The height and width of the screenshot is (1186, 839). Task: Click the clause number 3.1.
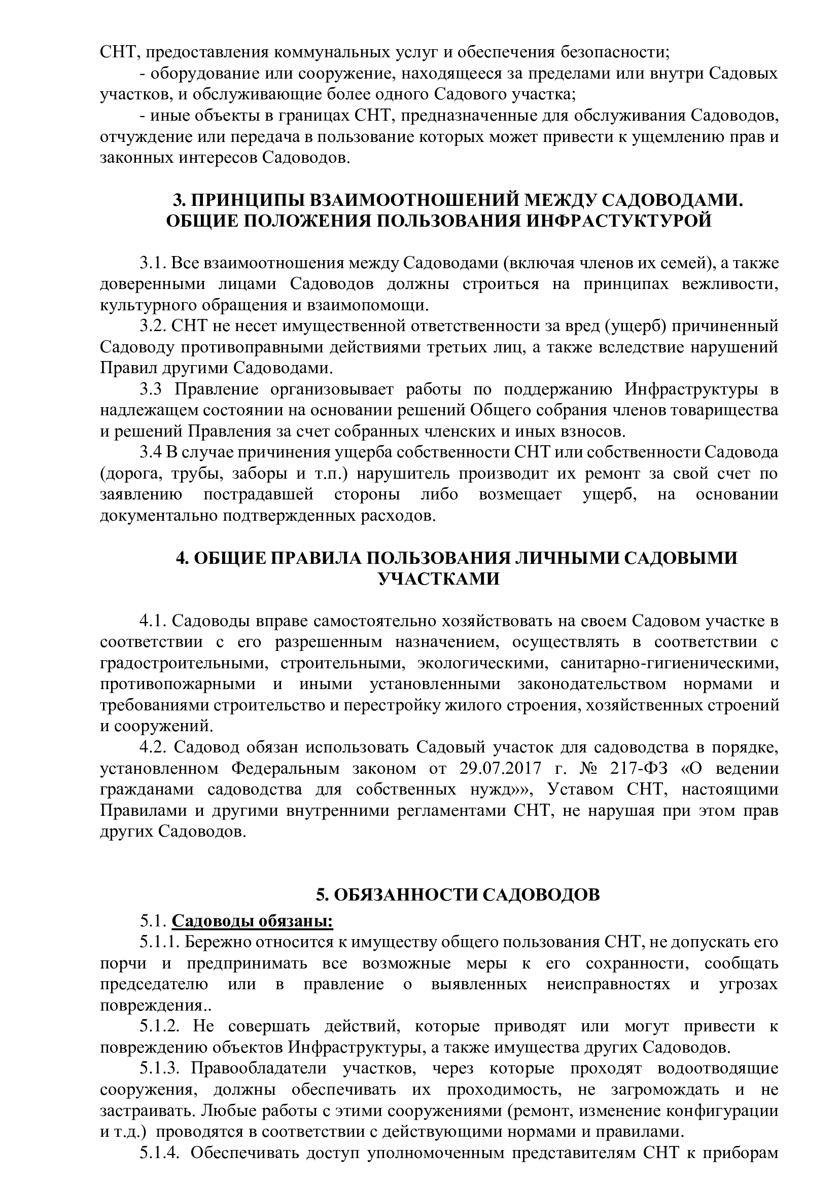[x=152, y=263]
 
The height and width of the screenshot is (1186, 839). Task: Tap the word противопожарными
[x=178, y=684]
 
